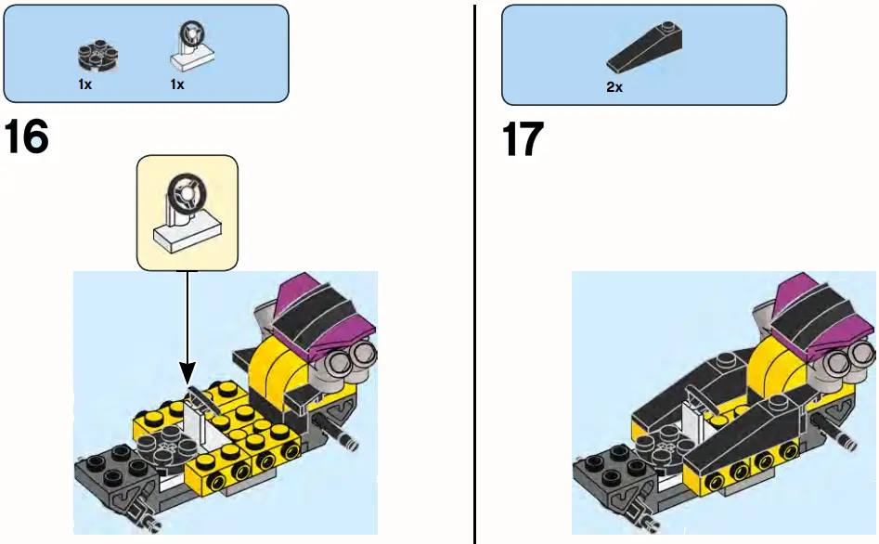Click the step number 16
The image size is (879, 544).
tap(27, 138)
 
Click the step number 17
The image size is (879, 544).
tap(523, 139)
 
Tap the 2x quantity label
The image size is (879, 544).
tap(614, 88)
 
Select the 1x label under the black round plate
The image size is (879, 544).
tap(84, 84)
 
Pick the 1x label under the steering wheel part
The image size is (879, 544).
tap(176, 84)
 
